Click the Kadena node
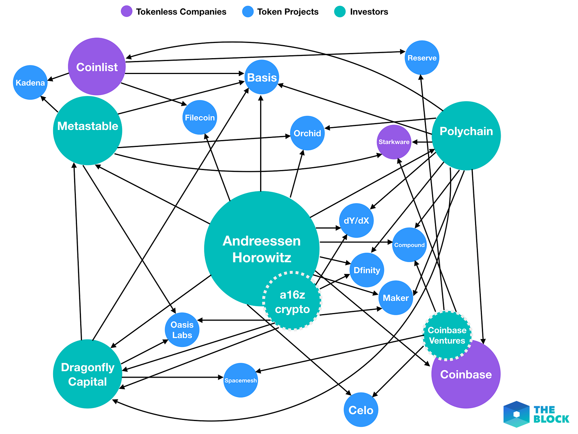click(x=30, y=82)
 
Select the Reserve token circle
click(x=422, y=58)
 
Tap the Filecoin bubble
click(x=199, y=117)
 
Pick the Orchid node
click(x=307, y=133)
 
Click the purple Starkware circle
click(x=394, y=142)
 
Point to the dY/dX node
click(x=356, y=221)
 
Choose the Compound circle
click(x=409, y=245)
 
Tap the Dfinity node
click(x=367, y=270)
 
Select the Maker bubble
click(x=396, y=298)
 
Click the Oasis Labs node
click(x=182, y=330)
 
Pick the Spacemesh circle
click(x=241, y=380)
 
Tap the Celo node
click(x=361, y=410)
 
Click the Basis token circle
click(x=262, y=77)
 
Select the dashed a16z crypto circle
click(x=292, y=301)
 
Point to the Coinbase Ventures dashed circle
click(x=447, y=335)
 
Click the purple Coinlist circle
click(x=97, y=67)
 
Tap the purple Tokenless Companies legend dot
click(x=127, y=12)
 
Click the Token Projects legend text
click(x=288, y=12)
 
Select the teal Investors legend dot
click(x=340, y=12)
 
